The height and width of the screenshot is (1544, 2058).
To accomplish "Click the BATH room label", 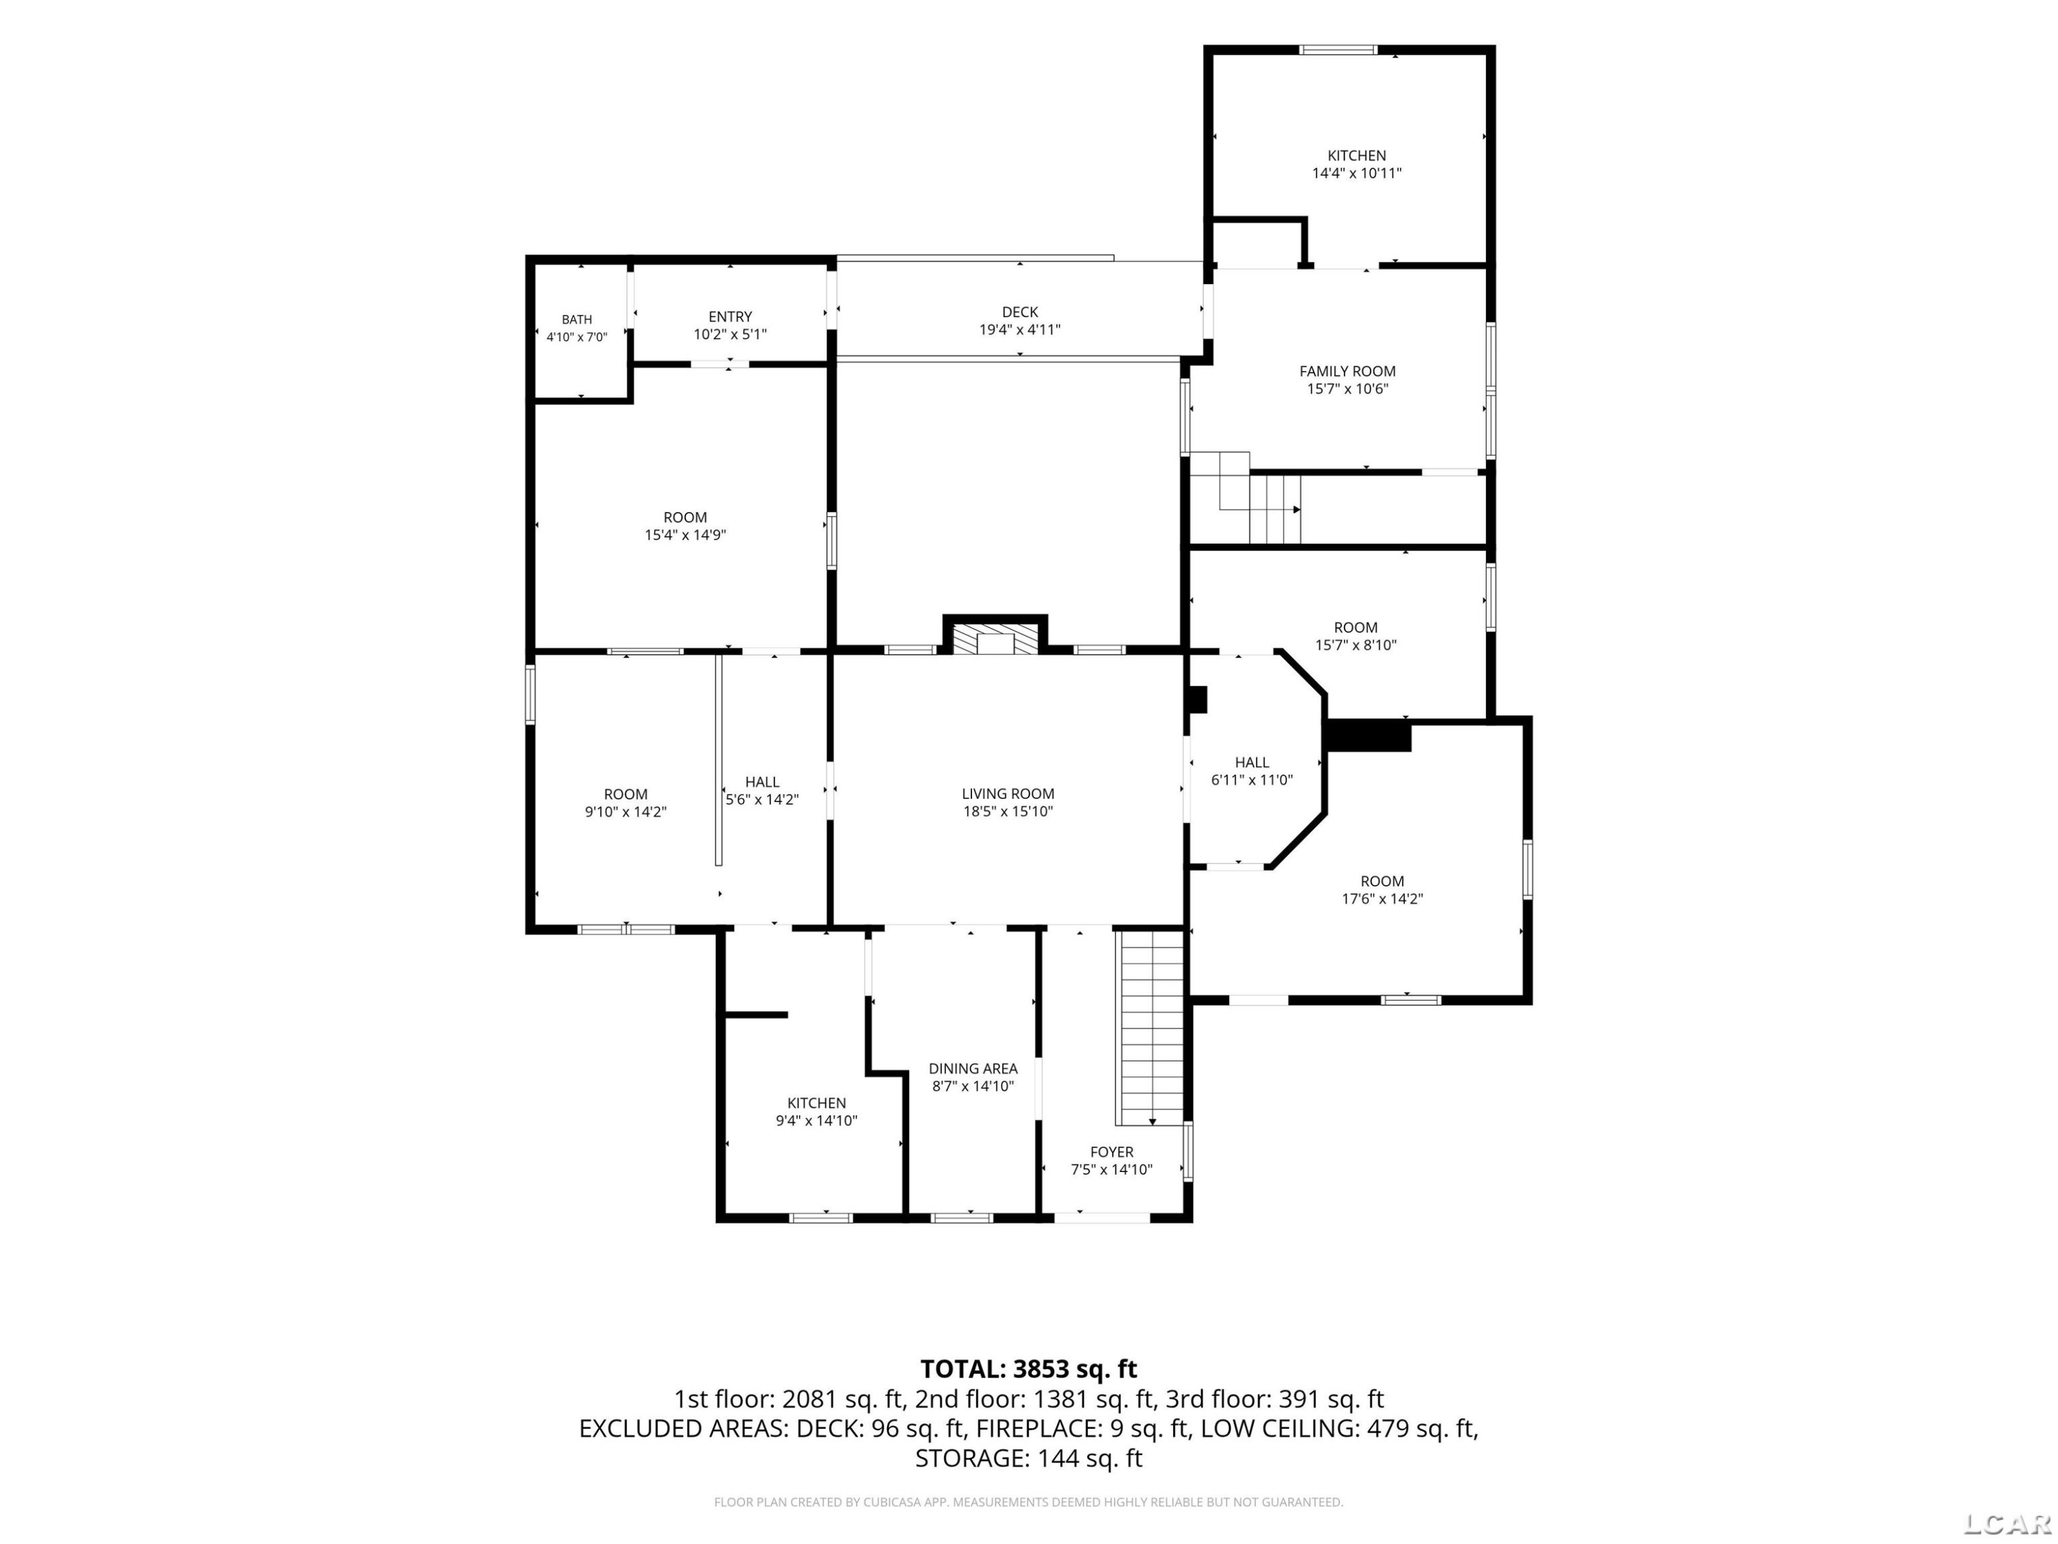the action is (x=577, y=319).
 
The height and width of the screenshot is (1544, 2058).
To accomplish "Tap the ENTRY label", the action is (x=731, y=316).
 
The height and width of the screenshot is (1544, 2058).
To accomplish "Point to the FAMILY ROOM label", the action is (x=1347, y=371).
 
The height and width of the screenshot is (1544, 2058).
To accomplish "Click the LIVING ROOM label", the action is (x=1008, y=794).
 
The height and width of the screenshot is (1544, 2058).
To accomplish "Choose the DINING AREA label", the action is (x=973, y=1068).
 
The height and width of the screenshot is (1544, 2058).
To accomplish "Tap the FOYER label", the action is (x=1112, y=1151).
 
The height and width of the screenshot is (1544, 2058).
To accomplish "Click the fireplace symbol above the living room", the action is (x=995, y=638).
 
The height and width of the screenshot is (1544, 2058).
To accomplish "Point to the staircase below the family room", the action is (x=1246, y=498).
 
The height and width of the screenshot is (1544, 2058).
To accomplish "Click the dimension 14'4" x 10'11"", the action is (x=1356, y=173).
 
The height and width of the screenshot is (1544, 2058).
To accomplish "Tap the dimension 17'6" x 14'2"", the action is (x=1382, y=899).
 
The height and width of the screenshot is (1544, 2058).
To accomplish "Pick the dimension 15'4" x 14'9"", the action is (x=686, y=535).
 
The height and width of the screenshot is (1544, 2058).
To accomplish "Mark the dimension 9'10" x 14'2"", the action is (x=626, y=812).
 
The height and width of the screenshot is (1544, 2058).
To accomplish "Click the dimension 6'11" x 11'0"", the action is (x=1252, y=780).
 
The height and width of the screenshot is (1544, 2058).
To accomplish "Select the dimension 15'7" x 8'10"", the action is (x=1356, y=645).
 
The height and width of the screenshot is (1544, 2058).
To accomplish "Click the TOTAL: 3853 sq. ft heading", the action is (x=1029, y=1369).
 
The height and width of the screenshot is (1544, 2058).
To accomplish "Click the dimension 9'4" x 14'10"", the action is (x=817, y=1121).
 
